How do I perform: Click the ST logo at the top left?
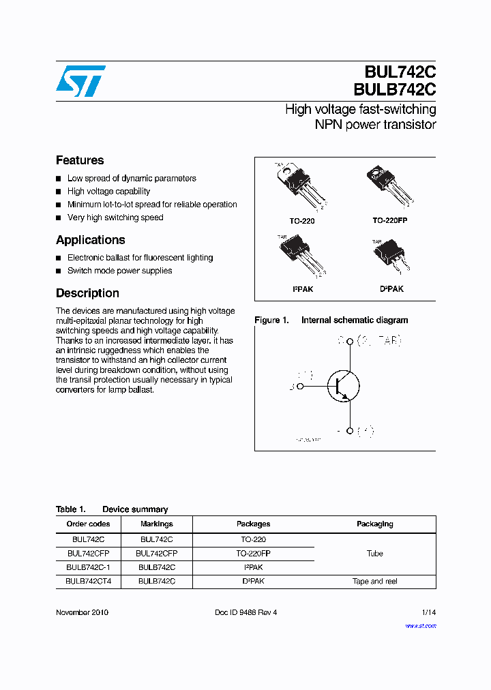click(80, 81)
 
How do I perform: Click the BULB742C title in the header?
click(394, 89)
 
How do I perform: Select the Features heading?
click(80, 160)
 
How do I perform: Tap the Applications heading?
click(90, 240)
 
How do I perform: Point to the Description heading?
click(87, 293)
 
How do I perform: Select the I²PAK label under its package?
click(302, 289)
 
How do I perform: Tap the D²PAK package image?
click(389, 256)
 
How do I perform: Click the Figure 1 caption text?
click(331, 320)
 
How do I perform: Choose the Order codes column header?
click(88, 524)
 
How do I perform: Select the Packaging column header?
click(374, 524)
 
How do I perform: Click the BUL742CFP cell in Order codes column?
click(88, 554)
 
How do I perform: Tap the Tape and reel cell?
click(374, 582)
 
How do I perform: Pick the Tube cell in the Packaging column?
click(374, 554)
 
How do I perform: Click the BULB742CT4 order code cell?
click(88, 582)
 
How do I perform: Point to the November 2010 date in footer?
click(82, 612)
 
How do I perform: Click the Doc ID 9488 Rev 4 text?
click(245, 612)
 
